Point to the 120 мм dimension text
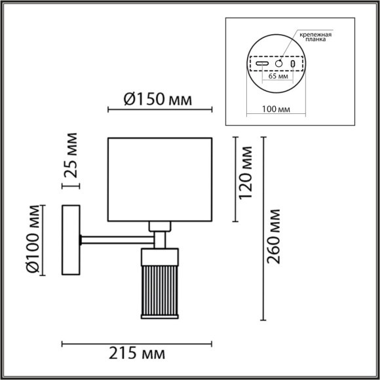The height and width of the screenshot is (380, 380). click(246, 179)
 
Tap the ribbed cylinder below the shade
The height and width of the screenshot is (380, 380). click(159, 282)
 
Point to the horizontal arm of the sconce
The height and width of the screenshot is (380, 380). click(115, 237)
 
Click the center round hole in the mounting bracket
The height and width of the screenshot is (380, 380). click(278, 64)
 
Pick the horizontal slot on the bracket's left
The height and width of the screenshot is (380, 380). click(262, 65)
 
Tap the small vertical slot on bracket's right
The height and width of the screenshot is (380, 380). click(293, 64)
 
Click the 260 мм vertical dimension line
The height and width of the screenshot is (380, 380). click(263, 229)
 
